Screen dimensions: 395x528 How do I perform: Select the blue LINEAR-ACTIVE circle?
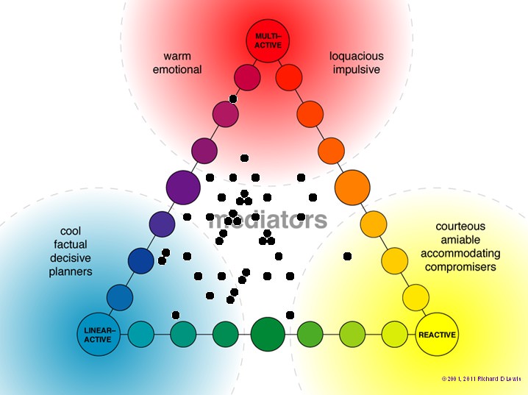[x=98, y=335]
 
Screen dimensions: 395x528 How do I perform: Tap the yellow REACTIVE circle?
[x=437, y=335]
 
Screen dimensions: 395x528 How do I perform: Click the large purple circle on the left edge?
[x=183, y=187]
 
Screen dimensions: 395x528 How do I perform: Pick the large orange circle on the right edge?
[x=352, y=187]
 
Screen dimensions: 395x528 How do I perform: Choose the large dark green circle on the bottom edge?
[x=268, y=335]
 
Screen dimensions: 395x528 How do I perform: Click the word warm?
[x=177, y=56]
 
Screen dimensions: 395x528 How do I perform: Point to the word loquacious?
[x=357, y=56]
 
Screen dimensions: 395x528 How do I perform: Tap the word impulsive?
[x=357, y=70]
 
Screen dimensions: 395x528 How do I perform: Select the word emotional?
[x=177, y=70]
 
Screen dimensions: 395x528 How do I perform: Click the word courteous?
[x=460, y=227]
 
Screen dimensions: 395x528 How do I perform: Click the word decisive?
[x=71, y=258]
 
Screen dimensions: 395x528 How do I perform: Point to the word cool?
[x=71, y=231]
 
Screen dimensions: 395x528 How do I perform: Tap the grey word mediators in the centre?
[x=268, y=219]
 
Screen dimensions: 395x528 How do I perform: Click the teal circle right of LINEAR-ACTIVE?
[x=140, y=335]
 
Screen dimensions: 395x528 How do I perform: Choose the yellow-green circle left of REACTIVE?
[x=395, y=335]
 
